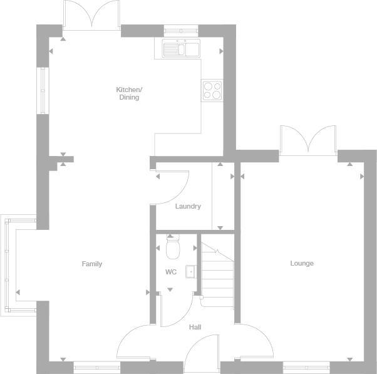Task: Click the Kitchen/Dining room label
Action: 128,93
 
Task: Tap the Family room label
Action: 92,264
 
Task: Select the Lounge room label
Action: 302,263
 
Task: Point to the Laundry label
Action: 188,206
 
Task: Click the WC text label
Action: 170,272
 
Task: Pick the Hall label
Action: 195,326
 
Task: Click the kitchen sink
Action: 178,48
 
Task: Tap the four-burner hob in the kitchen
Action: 212,90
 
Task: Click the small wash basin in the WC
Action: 190,272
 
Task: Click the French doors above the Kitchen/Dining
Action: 91,15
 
